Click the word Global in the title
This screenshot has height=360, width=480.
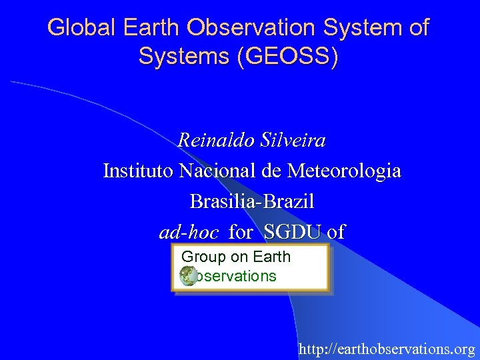pyautogui.click(x=75, y=28)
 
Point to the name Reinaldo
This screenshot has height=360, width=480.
pyautogui.click(x=209, y=141)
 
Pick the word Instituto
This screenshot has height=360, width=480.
pyautogui.click(x=138, y=171)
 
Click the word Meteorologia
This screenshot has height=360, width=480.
pyautogui.click(x=344, y=171)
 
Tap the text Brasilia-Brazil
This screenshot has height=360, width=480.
pyautogui.click(x=252, y=201)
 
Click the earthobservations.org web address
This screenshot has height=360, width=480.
pyautogui.click(x=387, y=349)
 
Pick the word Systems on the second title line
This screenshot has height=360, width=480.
pyautogui.click(x=178, y=56)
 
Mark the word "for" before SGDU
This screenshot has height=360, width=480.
pyautogui.click(x=241, y=232)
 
